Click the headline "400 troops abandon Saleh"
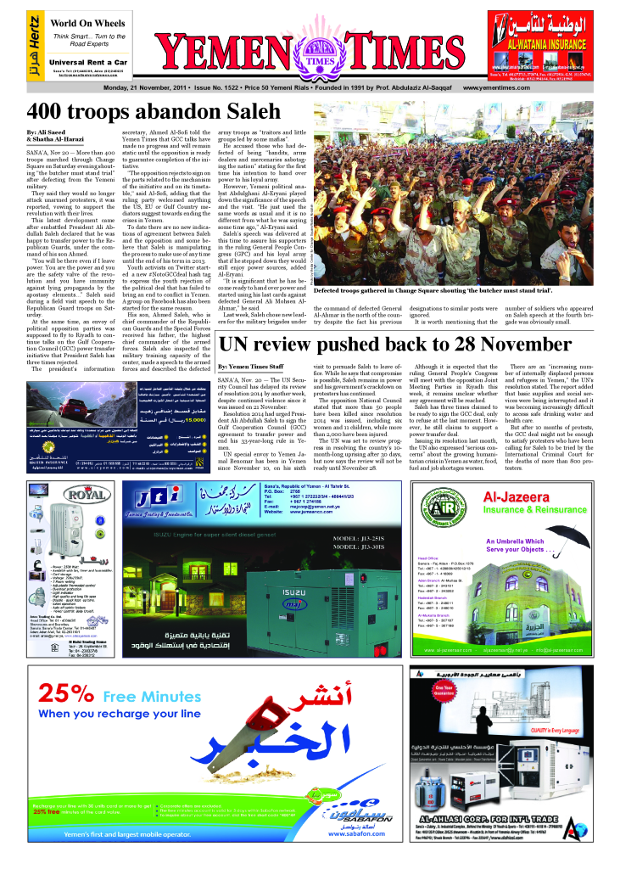coord(154,111)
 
